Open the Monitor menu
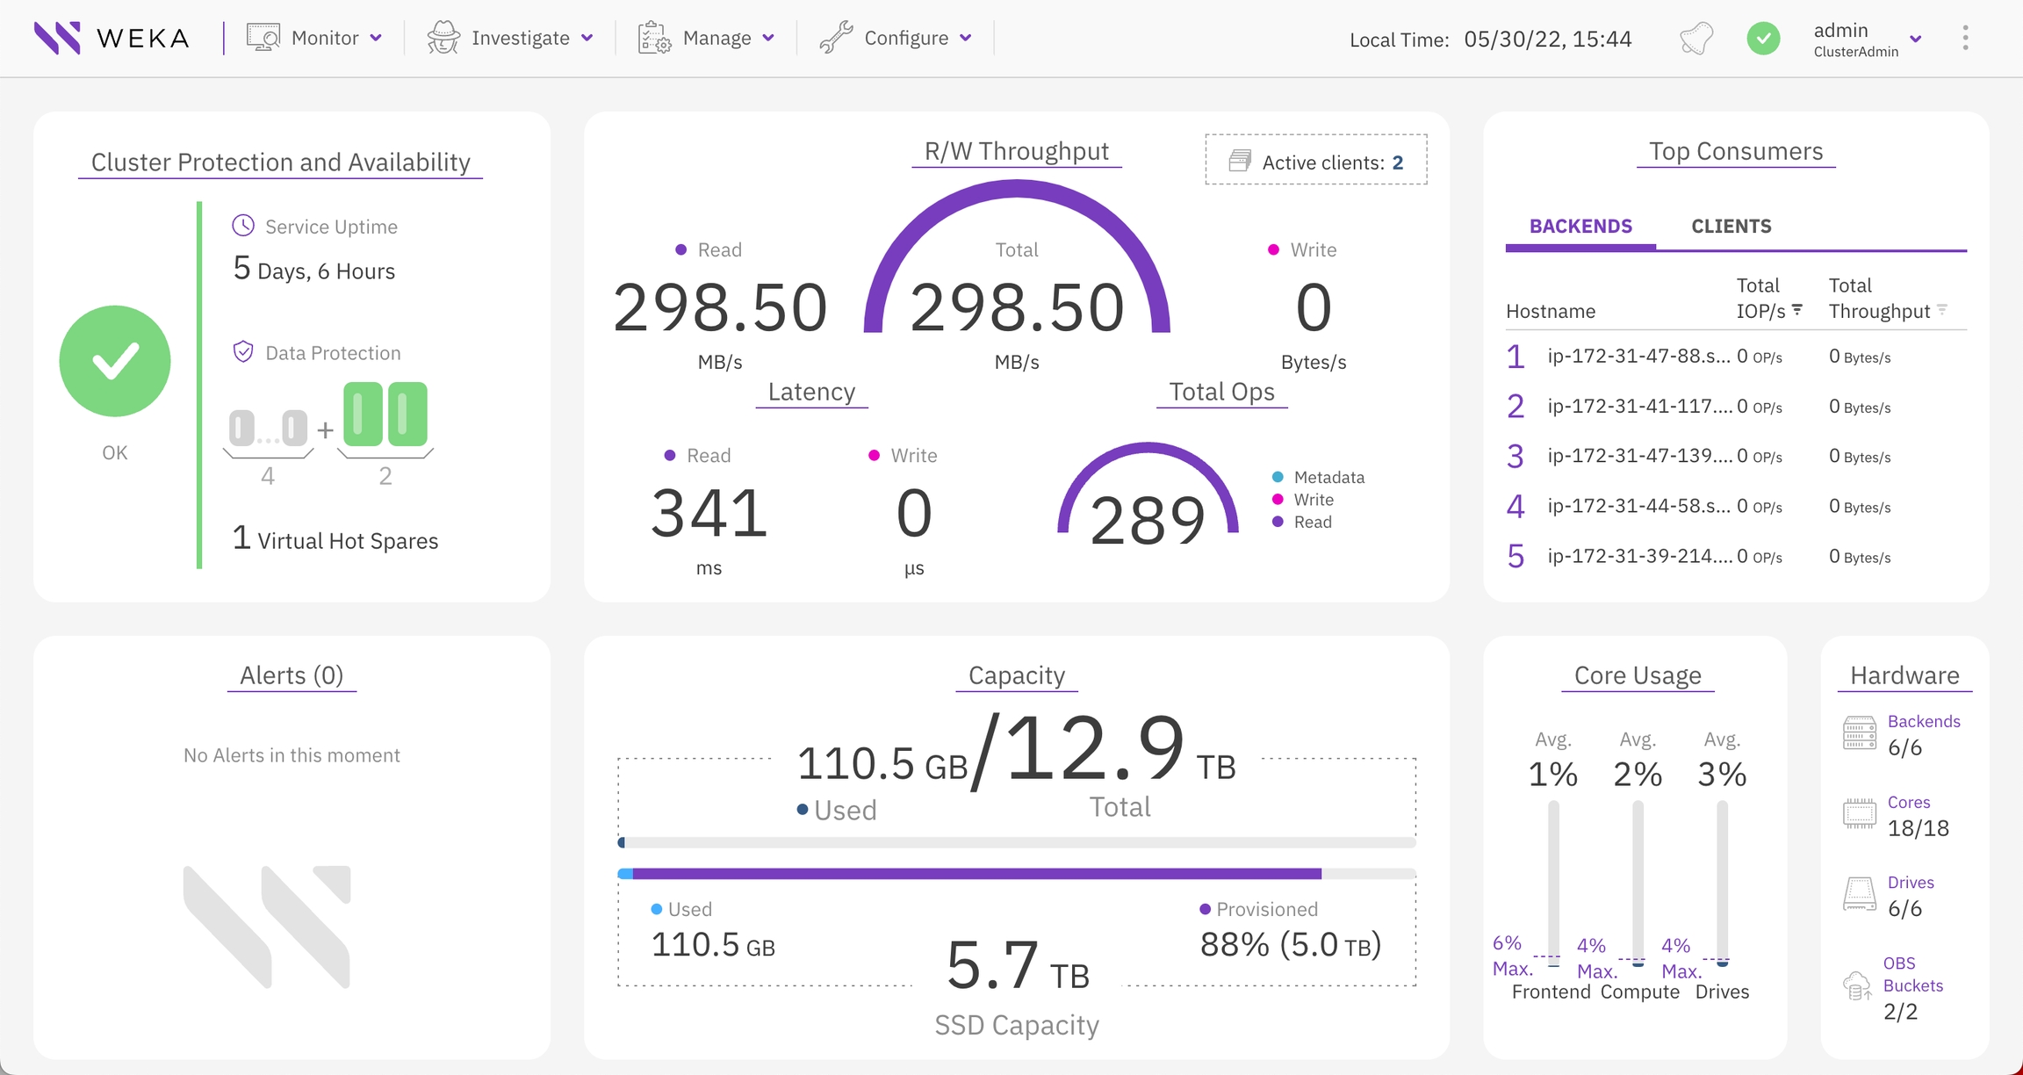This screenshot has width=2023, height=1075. pos(314,38)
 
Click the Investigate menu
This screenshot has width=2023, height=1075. pos(510,38)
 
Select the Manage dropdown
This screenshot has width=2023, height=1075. pos(707,38)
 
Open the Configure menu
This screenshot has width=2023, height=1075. pos(896,38)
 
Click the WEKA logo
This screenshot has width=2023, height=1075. pos(111,38)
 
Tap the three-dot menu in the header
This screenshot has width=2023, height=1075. pos(1965,38)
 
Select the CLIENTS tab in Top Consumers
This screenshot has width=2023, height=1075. pos(1731,227)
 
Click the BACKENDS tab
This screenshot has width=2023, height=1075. pos(1580,227)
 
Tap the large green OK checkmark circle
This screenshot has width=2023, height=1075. pos(115,361)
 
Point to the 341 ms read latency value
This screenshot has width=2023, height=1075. pos(709,513)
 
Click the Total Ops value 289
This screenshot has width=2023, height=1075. pos(1147,520)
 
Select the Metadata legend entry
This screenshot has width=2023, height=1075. pos(1328,477)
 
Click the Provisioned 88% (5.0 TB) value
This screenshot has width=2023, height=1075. pos(1290,944)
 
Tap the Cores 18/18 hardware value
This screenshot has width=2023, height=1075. pos(1918,827)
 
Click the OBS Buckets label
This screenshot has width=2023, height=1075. pos(1912,975)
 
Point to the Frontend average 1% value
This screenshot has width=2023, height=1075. pos(1552,774)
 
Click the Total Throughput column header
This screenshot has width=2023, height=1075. pos(1879,299)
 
